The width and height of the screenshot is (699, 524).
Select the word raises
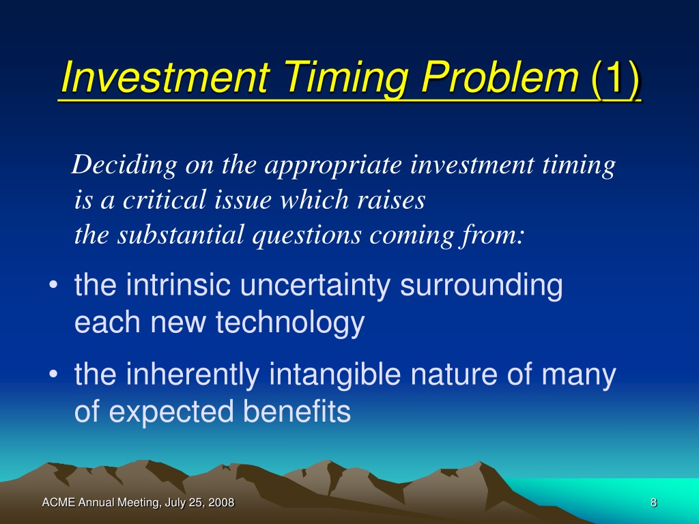(391, 200)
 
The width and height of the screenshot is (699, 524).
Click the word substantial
(180, 235)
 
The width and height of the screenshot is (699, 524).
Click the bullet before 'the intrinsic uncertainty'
(53, 285)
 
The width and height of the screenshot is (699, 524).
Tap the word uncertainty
(315, 286)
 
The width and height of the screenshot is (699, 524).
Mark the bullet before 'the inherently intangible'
(53, 374)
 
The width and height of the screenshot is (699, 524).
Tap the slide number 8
(653, 503)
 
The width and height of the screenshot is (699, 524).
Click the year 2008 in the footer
(221, 503)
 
